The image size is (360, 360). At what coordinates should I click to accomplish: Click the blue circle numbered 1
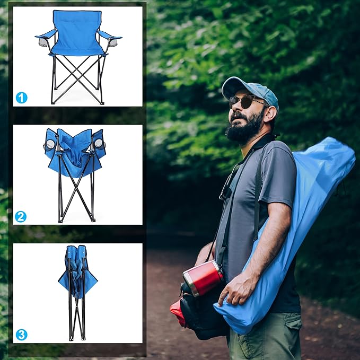(x=22, y=98)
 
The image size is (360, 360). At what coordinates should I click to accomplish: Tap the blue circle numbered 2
(x=21, y=216)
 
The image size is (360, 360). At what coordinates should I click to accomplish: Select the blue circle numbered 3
(x=22, y=335)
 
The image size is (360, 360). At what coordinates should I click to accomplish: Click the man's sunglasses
(x=247, y=101)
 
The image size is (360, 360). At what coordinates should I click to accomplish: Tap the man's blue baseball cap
(x=251, y=91)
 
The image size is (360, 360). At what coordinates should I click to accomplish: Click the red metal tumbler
(x=203, y=278)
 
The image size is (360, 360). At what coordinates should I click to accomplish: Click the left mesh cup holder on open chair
(x=42, y=42)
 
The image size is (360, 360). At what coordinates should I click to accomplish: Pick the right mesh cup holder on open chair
(x=113, y=42)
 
